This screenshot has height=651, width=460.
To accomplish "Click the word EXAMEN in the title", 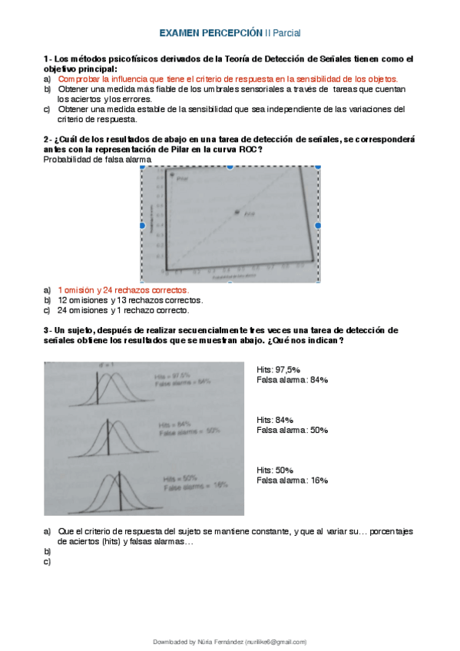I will click(179, 34).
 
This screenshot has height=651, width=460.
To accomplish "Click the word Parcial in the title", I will click(286, 34).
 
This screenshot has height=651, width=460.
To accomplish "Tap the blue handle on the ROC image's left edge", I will click(141, 226).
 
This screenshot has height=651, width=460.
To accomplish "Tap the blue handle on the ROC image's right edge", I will click(318, 226).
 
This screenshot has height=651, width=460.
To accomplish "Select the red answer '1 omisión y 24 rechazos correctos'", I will click(123, 290).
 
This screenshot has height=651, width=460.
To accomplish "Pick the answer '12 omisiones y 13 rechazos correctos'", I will click(131, 300).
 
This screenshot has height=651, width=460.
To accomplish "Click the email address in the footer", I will click(271, 641).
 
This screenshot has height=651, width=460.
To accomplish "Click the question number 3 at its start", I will click(46, 330).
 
